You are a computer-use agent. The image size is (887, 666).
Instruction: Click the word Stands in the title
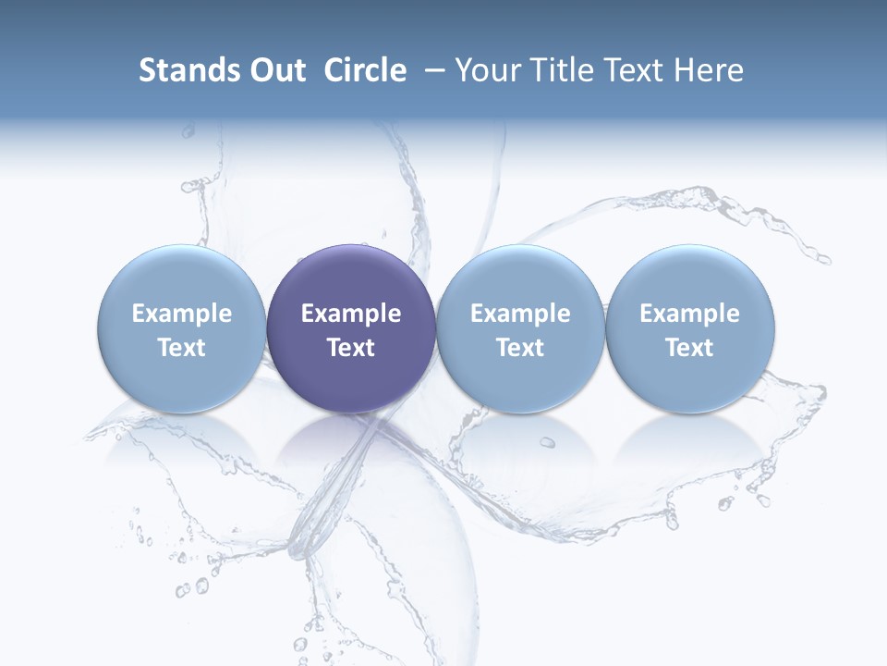click(x=182, y=70)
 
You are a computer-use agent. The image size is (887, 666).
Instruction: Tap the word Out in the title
click(x=274, y=70)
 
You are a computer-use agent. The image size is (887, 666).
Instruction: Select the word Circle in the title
click(x=365, y=70)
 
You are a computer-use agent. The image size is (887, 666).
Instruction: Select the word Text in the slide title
click(x=633, y=70)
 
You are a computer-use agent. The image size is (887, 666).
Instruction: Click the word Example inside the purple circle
click(x=351, y=314)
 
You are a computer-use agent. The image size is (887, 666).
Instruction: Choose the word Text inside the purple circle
click(x=351, y=348)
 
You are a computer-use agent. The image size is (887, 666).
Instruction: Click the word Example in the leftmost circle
click(x=182, y=314)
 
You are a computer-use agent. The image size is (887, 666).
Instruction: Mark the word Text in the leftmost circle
click(x=182, y=348)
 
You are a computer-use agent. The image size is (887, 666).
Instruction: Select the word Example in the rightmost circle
click(x=689, y=314)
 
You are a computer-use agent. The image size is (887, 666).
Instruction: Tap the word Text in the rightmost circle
click(x=689, y=348)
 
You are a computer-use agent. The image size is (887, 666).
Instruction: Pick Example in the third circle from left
click(x=520, y=314)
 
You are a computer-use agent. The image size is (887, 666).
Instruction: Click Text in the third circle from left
click(x=520, y=348)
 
